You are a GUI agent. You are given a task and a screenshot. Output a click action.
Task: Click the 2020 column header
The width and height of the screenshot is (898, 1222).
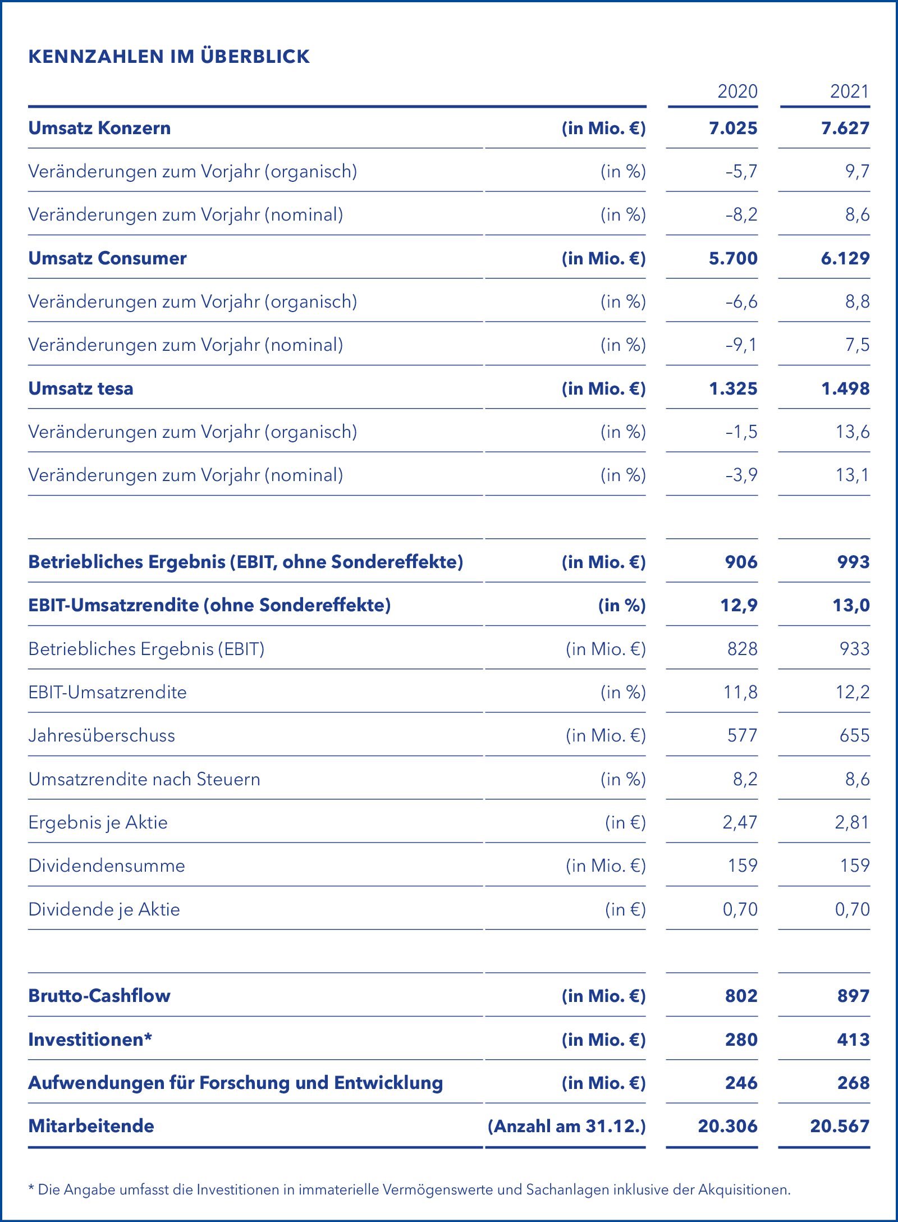point(737,91)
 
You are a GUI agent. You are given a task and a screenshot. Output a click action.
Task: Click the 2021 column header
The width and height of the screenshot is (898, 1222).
point(849,91)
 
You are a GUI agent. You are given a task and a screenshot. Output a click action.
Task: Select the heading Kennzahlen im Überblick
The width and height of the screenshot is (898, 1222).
point(169,56)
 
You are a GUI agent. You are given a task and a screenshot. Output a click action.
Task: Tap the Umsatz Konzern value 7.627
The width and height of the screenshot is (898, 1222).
point(845,128)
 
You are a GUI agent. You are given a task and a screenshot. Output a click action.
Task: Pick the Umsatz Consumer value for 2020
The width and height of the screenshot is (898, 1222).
point(732,258)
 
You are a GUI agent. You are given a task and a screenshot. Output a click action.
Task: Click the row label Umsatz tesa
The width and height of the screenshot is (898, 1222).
point(81,388)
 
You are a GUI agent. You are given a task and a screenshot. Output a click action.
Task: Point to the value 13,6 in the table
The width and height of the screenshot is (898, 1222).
point(852,432)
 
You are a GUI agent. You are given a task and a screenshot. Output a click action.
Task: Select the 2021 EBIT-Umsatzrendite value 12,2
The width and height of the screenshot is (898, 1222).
point(852,692)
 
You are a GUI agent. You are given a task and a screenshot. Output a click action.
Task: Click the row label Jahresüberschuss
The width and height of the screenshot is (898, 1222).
point(102,735)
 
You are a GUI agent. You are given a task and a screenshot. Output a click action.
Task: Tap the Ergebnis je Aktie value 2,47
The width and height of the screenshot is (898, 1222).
point(740,822)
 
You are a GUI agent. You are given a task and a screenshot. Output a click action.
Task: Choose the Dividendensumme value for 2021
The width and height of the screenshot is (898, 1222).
point(854,866)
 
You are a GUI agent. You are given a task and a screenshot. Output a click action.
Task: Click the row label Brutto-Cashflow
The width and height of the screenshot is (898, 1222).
point(99,996)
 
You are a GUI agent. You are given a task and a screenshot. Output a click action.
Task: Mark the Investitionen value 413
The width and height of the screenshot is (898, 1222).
point(853,1040)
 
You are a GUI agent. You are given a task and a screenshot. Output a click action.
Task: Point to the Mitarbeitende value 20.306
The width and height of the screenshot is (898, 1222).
point(727,1126)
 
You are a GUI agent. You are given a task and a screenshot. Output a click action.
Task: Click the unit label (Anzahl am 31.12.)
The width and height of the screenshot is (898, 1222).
point(566,1126)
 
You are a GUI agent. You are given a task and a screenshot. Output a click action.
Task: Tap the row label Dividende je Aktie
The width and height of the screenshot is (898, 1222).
point(104,909)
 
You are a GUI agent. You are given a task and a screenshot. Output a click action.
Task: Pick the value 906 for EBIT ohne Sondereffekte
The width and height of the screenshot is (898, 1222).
point(741,562)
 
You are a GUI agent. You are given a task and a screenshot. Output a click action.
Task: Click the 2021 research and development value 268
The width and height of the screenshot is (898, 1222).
point(853,1083)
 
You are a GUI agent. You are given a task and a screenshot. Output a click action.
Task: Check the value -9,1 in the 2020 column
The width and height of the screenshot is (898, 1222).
point(741,345)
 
